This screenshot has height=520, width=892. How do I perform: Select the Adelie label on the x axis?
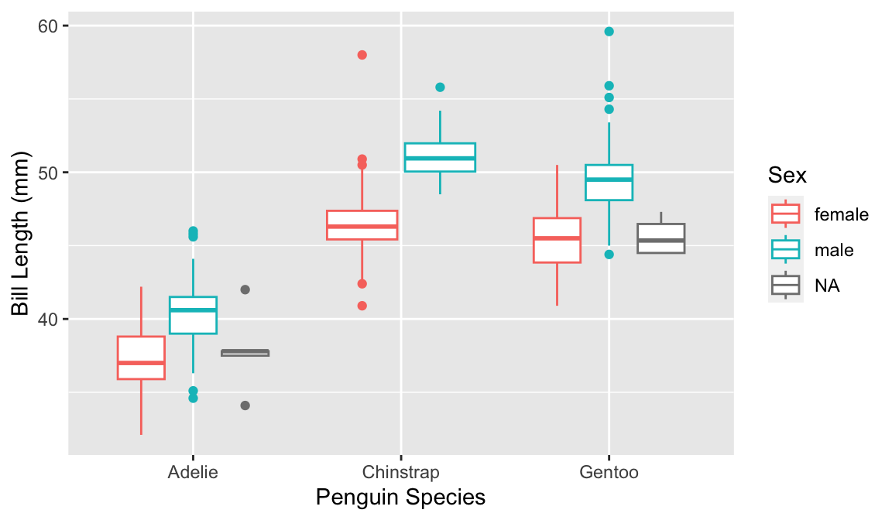[x=193, y=473]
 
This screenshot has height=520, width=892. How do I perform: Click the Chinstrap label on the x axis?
[x=400, y=473]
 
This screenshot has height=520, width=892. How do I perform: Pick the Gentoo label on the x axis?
[x=609, y=473]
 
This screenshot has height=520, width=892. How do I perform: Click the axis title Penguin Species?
[x=400, y=498]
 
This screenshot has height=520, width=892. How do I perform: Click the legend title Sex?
[x=787, y=176]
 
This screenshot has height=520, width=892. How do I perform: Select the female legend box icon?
[x=785, y=214]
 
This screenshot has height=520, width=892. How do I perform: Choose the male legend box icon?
[x=785, y=250]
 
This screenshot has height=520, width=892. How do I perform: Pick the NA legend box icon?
[x=785, y=286]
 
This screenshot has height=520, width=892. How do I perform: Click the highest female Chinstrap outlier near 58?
[x=362, y=55]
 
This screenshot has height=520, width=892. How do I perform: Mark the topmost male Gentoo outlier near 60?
[x=609, y=32]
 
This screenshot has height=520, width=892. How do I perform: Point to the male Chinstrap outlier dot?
[x=440, y=87]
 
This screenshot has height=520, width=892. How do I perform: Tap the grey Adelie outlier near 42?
[x=245, y=289]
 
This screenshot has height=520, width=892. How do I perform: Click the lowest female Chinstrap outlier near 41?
[x=362, y=306]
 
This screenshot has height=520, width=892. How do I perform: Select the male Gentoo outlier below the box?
[x=609, y=255]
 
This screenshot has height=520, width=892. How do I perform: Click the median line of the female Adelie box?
[x=141, y=363]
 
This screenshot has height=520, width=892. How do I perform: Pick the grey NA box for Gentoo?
[x=660, y=238]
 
